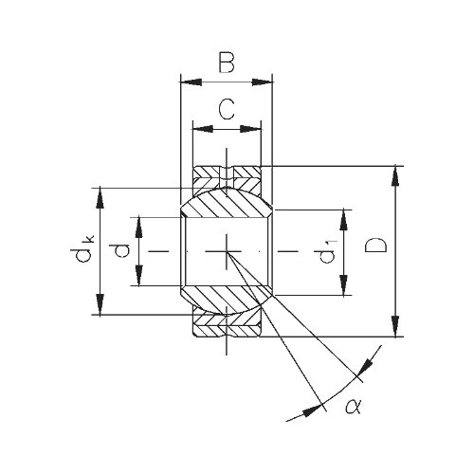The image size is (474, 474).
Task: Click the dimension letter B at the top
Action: [x=227, y=63]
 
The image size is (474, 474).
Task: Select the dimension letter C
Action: [x=227, y=109]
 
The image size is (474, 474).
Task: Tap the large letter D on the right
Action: [x=375, y=246]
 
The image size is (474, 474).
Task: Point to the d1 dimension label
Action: [x=326, y=251]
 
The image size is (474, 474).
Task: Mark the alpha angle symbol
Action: [x=353, y=407]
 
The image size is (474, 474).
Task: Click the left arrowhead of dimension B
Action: [x=191, y=82]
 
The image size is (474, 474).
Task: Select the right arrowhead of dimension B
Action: [x=262, y=82]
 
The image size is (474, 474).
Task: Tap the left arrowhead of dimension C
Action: [x=203, y=129]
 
